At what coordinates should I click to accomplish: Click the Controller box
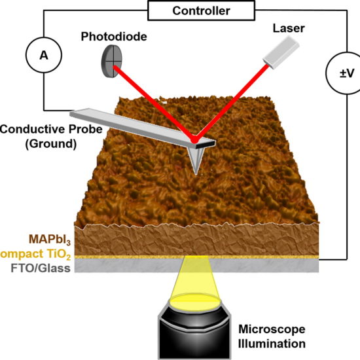[201, 10]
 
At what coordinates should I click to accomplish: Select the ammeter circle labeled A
[44, 55]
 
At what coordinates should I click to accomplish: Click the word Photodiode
[114, 37]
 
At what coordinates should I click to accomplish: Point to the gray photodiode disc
[112, 61]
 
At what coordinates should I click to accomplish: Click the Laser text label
[289, 28]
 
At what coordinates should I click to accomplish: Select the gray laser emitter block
[281, 53]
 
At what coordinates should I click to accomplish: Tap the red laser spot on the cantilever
[194, 139]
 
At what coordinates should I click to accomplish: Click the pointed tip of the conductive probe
[196, 173]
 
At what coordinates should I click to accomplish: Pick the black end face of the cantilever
[206, 145]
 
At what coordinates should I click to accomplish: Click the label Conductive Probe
[51, 129]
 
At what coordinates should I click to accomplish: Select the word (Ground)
[51, 144]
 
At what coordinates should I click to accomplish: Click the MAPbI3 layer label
[50, 240]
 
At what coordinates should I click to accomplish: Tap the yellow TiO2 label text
[35, 255]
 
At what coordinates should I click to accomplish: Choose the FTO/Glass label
[41, 268]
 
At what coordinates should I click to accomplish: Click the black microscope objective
[194, 333]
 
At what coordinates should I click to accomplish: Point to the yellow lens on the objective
[194, 301]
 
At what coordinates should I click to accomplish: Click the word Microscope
[272, 329]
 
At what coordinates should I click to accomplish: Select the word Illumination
[272, 344]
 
